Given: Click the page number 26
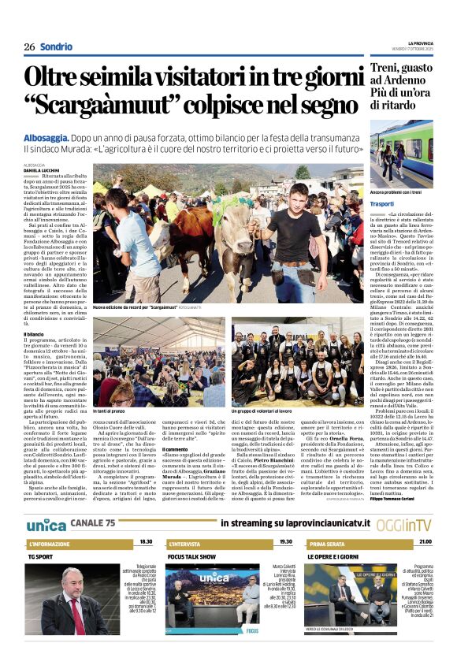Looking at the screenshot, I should coord(28,46).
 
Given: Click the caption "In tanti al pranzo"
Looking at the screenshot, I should coord(111,412).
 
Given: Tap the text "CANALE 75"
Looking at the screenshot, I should coord(94,523).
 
